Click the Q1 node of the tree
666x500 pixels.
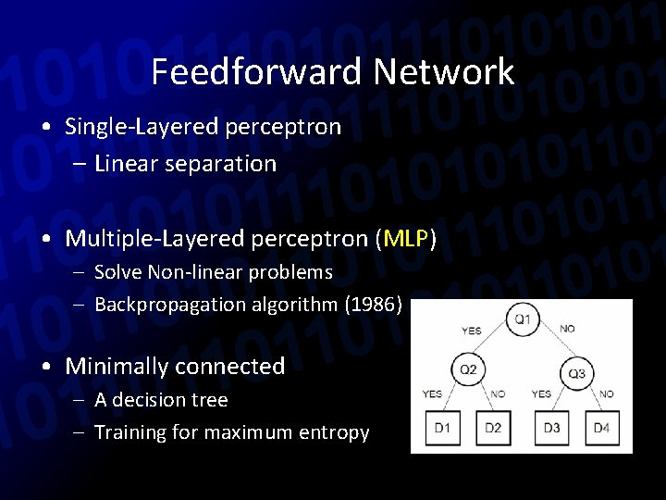[523, 319]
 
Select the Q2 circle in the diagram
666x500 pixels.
[468, 370]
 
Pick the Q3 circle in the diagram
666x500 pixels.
[576, 373]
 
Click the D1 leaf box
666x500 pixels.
[441, 428]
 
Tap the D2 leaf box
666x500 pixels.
[493, 428]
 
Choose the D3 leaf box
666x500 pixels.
[552, 428]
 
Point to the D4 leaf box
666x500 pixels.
[601, 428]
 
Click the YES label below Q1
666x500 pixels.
[471, 330]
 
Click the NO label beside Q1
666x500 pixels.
[568, 329]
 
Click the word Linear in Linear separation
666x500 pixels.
[125, 164]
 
